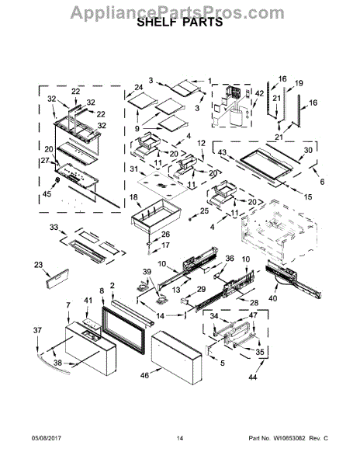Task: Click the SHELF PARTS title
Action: point(179,23)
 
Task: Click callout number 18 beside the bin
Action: point(133,199)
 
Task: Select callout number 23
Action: point(40,265)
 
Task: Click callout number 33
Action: point(53,228)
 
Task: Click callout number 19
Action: point(299,82)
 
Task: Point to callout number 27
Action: point(44,161)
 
